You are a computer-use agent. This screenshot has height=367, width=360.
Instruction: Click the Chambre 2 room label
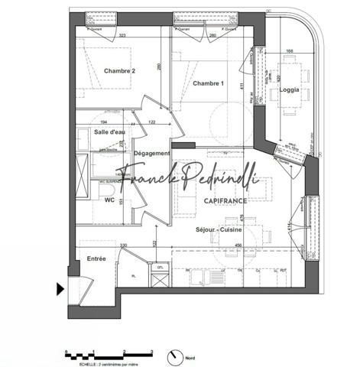point(119,71)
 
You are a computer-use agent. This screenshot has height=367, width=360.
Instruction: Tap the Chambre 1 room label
point(208,83)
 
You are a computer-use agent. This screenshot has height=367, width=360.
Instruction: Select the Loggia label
point(290,89)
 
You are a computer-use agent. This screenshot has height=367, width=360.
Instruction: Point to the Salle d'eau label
point(109,132)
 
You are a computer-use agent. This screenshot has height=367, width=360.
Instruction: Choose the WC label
point(109,200)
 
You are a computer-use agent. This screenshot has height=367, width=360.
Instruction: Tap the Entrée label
point(96,259)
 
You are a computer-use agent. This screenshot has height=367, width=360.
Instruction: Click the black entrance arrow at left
point(60,289)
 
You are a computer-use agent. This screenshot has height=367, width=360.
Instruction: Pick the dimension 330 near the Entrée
point(123,245)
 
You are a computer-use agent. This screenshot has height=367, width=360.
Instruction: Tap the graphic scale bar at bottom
point(109,354)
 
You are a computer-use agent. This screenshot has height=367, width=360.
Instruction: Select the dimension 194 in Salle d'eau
point(105,122)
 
